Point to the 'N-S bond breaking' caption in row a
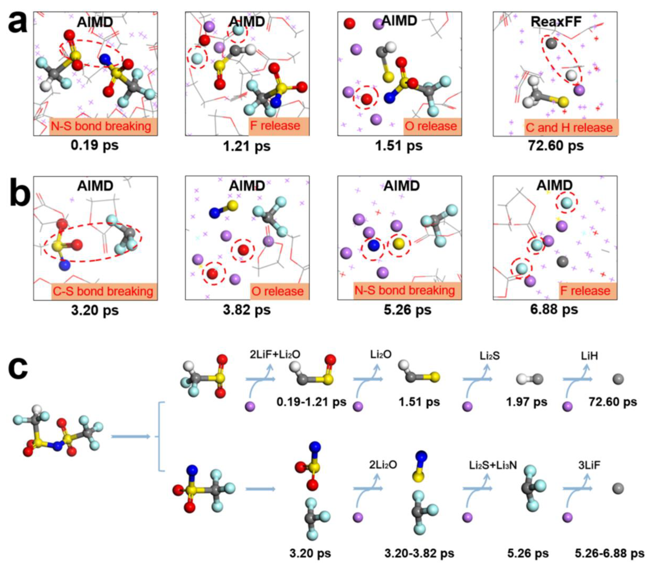click(x=101, y=126)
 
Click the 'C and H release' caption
click(x=569, y=127)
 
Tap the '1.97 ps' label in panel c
click(x=526, y=402)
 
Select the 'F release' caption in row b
click(x=585, y=291)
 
